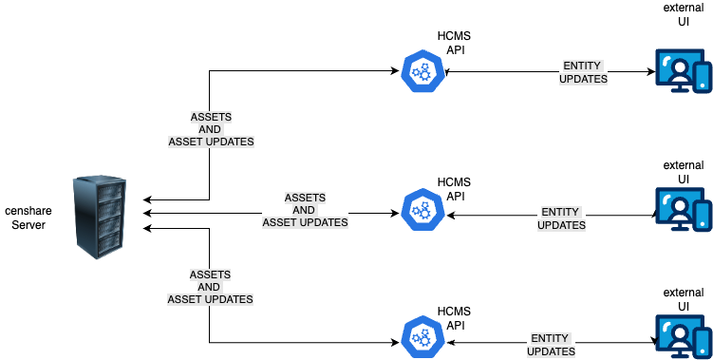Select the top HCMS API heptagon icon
click(421, 71)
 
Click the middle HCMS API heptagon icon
click(421, 210)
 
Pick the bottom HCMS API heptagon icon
click(421, 335)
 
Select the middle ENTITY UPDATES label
click(561, 218)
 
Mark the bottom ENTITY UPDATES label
click(551, 344)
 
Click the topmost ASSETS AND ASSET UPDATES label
click(211, 128)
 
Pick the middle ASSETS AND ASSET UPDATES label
click(305, 210)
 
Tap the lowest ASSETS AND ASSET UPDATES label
click(210, 286)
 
